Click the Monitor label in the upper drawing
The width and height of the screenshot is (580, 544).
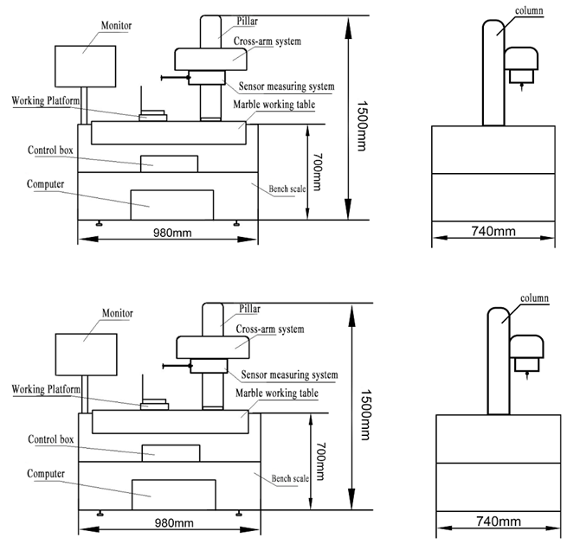117,26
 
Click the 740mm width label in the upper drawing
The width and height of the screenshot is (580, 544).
493,232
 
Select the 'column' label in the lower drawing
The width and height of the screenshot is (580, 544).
534,299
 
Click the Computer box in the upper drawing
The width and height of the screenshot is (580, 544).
171,204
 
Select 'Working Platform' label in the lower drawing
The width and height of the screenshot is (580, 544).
47,390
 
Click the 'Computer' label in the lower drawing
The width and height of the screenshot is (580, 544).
45,474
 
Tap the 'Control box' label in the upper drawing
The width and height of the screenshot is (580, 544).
48,149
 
